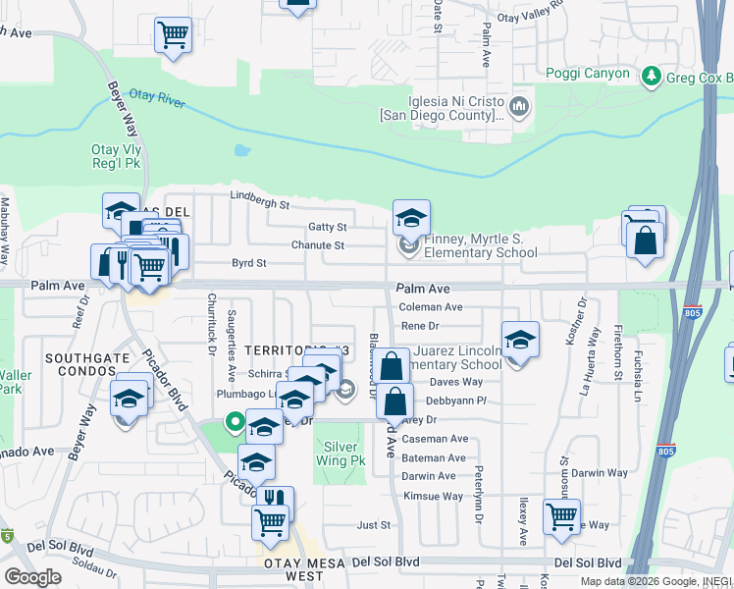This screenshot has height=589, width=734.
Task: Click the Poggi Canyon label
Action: pyautogui.click(x=589, y=74)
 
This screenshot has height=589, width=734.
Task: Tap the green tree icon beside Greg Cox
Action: pyautogui.click(x=650, y=76)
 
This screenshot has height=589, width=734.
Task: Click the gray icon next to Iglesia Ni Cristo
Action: pyautogui.click(x=519, y=105)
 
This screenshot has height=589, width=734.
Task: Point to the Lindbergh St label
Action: pyautogui.click(x=259, y=206)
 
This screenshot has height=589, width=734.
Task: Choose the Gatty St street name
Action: pyautogui.click(x=327, y=227)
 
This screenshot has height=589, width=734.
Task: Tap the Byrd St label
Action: pyautogui.click(x=248, y=263)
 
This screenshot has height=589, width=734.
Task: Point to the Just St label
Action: pyautogui.click(x=373, y=525)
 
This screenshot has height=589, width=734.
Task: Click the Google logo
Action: pyautogui.click(x=32, y=577)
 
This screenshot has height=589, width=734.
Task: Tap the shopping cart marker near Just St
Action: pyautogui.click(x=561, y=516)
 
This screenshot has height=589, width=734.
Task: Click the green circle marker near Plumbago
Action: pyautogui.click(x=235, y=423)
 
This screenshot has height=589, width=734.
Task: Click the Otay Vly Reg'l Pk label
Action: pyautogui.click(x=118, y=157)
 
